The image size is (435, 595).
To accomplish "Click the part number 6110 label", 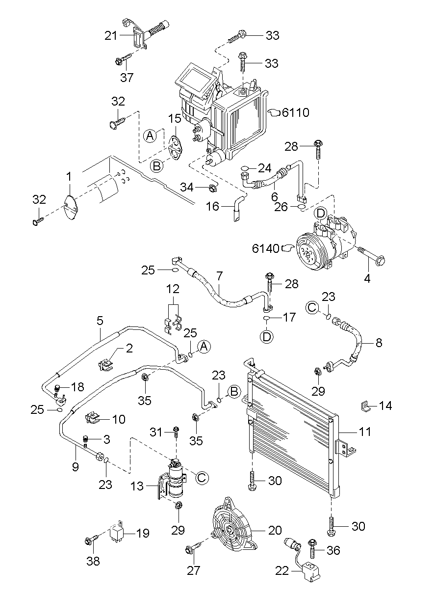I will (296, 113).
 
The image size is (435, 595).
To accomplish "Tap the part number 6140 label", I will (265, 249).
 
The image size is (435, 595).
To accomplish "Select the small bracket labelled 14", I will (364, 406).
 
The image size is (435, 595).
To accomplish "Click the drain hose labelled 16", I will (237, 208).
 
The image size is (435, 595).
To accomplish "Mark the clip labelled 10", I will (93, 418).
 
